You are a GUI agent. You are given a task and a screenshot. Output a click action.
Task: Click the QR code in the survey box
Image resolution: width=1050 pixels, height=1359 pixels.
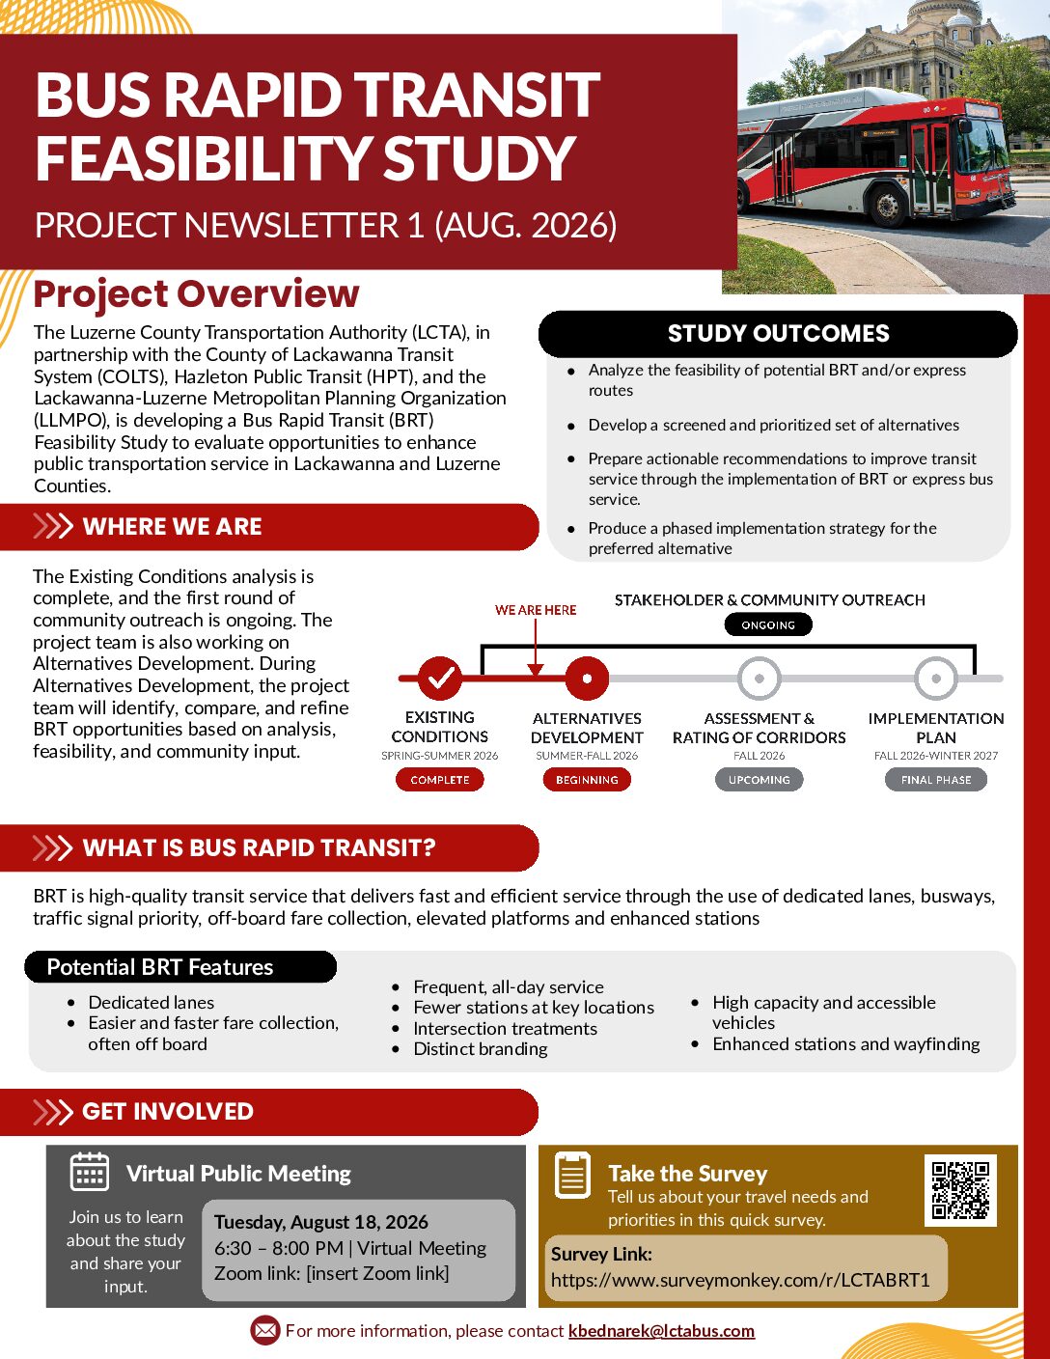point(960,1190)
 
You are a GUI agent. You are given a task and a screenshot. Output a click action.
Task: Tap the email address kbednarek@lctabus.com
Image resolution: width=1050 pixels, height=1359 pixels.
point(661,1331)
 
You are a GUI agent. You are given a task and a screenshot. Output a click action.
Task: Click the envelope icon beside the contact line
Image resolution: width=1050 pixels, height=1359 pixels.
point(265,1330)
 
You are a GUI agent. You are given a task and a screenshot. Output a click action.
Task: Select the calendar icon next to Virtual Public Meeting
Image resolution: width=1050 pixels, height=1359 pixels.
point(90,1172)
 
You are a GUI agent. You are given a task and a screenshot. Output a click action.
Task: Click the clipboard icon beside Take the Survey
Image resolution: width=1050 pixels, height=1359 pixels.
point(572,1176)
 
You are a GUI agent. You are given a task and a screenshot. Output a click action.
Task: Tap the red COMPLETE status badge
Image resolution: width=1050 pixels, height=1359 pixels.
point(440,780)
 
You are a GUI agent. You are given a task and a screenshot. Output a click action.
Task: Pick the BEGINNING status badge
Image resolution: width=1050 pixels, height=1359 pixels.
point(587,780)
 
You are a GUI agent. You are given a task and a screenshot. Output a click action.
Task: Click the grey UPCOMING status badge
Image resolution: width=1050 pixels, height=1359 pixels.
point(760,780)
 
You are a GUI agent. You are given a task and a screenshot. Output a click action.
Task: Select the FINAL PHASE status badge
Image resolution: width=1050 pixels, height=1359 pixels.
point(935,780)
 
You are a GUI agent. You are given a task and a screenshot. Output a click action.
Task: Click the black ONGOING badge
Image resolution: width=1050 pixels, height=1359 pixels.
point(768,624)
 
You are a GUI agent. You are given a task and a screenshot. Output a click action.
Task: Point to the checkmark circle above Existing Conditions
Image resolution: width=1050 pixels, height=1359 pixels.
point(440,678)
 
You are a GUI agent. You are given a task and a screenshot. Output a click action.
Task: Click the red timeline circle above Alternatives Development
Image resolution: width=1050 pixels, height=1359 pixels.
point(587,678)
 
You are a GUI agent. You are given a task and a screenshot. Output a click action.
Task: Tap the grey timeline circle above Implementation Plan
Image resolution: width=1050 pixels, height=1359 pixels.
point(935,678)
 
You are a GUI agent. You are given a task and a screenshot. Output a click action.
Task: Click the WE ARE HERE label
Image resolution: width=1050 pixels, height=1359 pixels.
point(536,610)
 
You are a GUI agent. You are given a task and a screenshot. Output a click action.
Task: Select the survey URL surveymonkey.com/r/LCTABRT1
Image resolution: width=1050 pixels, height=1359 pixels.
point(740,1280)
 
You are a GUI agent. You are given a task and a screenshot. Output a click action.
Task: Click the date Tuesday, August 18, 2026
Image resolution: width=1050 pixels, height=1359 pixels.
point(321,1222)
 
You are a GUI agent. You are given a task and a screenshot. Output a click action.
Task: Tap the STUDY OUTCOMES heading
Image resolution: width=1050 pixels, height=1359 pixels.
point(778,333)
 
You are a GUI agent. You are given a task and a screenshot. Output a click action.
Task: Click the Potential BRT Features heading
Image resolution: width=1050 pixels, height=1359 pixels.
point(160,967)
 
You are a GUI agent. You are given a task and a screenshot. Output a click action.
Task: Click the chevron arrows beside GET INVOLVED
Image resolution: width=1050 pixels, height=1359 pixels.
point(53,1111)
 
